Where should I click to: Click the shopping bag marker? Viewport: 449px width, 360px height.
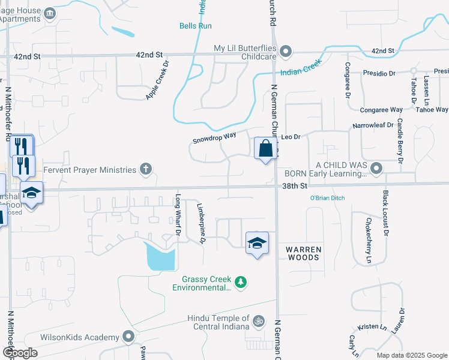click(265, 148)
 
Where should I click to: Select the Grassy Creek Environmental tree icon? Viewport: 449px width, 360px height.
click(241, 281)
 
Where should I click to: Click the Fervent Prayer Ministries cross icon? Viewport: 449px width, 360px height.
click(145, 169)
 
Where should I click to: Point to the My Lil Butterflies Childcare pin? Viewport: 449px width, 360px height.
click(286, 50)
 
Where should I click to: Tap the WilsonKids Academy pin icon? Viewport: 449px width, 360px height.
click(128, 337)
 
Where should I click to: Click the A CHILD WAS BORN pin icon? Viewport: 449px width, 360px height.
click(376, 167)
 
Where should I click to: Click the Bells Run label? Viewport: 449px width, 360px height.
click(195, 26)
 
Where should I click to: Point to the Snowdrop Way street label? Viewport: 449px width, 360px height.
click(214, 137)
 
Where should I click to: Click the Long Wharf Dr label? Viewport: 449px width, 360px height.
click(178, 214)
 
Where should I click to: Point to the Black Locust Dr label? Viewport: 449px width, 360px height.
click(386, 212)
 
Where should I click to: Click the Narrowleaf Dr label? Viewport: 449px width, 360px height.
click(372, 125)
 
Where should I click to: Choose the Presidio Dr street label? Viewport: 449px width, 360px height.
click(379, 73)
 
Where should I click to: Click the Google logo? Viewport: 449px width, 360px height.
click(20, 353)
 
